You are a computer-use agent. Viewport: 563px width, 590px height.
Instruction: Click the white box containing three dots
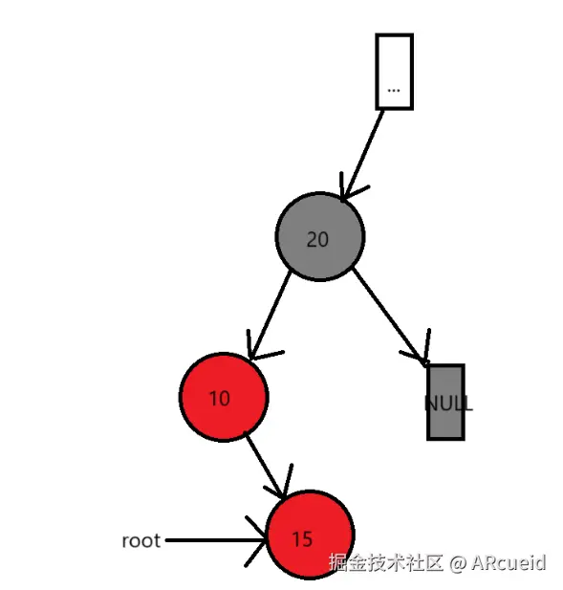pos(394,71)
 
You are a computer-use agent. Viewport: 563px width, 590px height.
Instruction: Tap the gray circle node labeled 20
pos(319,237)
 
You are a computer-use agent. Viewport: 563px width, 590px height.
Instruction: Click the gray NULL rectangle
pos(445,402)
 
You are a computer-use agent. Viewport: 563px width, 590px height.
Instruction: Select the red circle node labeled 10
pos(223,397)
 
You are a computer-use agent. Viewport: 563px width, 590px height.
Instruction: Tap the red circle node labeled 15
pos(310,535)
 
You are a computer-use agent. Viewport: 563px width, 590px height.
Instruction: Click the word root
pos(141,540)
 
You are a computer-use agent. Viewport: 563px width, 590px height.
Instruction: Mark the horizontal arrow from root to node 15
pos(210,540)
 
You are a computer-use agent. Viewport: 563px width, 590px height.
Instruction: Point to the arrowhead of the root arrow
pos(259,541)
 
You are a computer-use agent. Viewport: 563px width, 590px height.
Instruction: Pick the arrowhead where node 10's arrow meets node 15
pos(283,488)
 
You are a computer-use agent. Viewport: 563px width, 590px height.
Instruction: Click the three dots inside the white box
pos(394,89)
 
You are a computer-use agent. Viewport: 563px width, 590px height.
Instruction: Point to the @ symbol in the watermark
pos(457,562)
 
